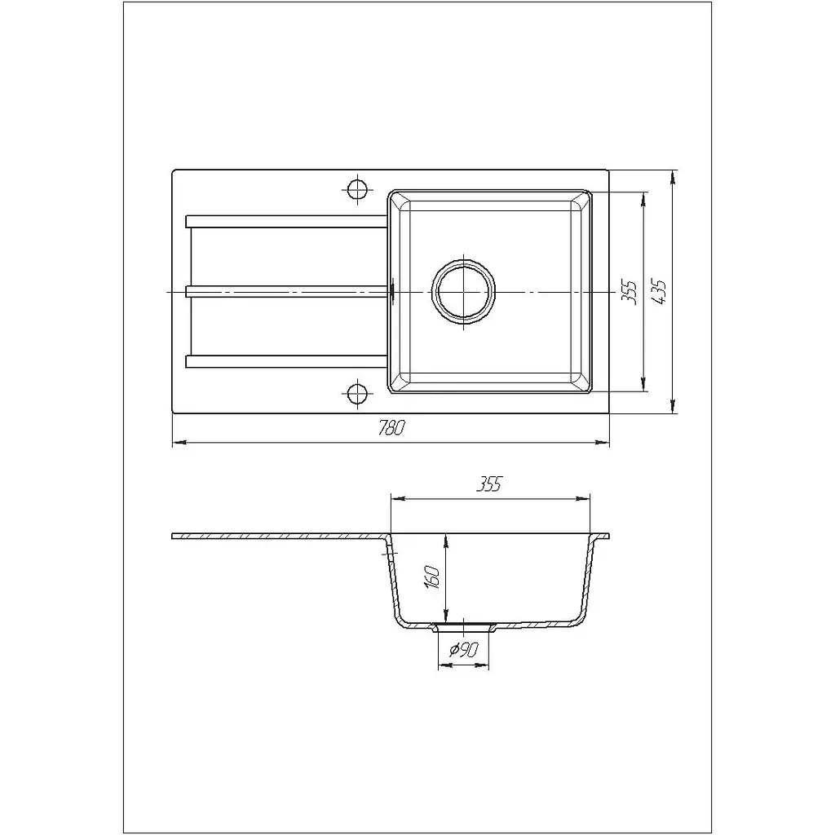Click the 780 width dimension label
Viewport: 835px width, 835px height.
(x=392, y=427)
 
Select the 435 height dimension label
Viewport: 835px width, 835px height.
(x=660, y=292)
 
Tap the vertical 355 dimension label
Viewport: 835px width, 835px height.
(x=630, y=292)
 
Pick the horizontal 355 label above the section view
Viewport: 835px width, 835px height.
(x=489, y=484)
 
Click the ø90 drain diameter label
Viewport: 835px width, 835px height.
(x=464, y=650)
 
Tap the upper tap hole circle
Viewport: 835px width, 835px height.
(x=357, y=188)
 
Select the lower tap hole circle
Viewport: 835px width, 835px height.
(x=357, y=394)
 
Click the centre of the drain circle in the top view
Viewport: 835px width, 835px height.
(x=464, y=292)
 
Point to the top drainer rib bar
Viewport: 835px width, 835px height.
(x=286, y=221)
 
